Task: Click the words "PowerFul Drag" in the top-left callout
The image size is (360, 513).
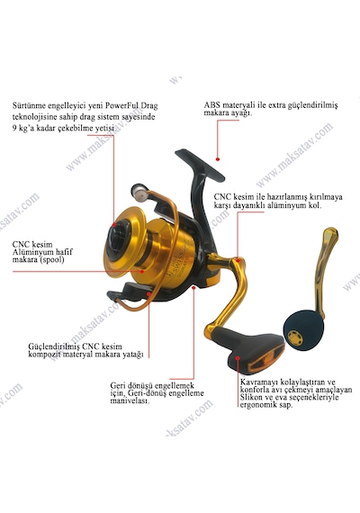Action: [x=132, y=106]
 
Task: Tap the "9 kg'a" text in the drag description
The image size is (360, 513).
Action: [x=23, y=128]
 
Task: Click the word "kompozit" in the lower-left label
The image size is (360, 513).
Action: [x=44, y=355]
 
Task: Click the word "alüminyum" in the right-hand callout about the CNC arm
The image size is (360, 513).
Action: [x=286, y=205]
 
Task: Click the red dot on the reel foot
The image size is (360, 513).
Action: [x=217, y=159]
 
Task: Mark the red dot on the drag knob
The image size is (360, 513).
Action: [x=114, y=225]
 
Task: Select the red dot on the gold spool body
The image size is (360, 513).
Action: [x=142, y=271]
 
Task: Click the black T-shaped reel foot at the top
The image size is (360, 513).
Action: [x=200, y=166]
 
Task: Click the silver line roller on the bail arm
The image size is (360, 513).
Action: [x=139, y=192]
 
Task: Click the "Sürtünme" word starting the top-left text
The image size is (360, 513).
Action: [x=29, y=106]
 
